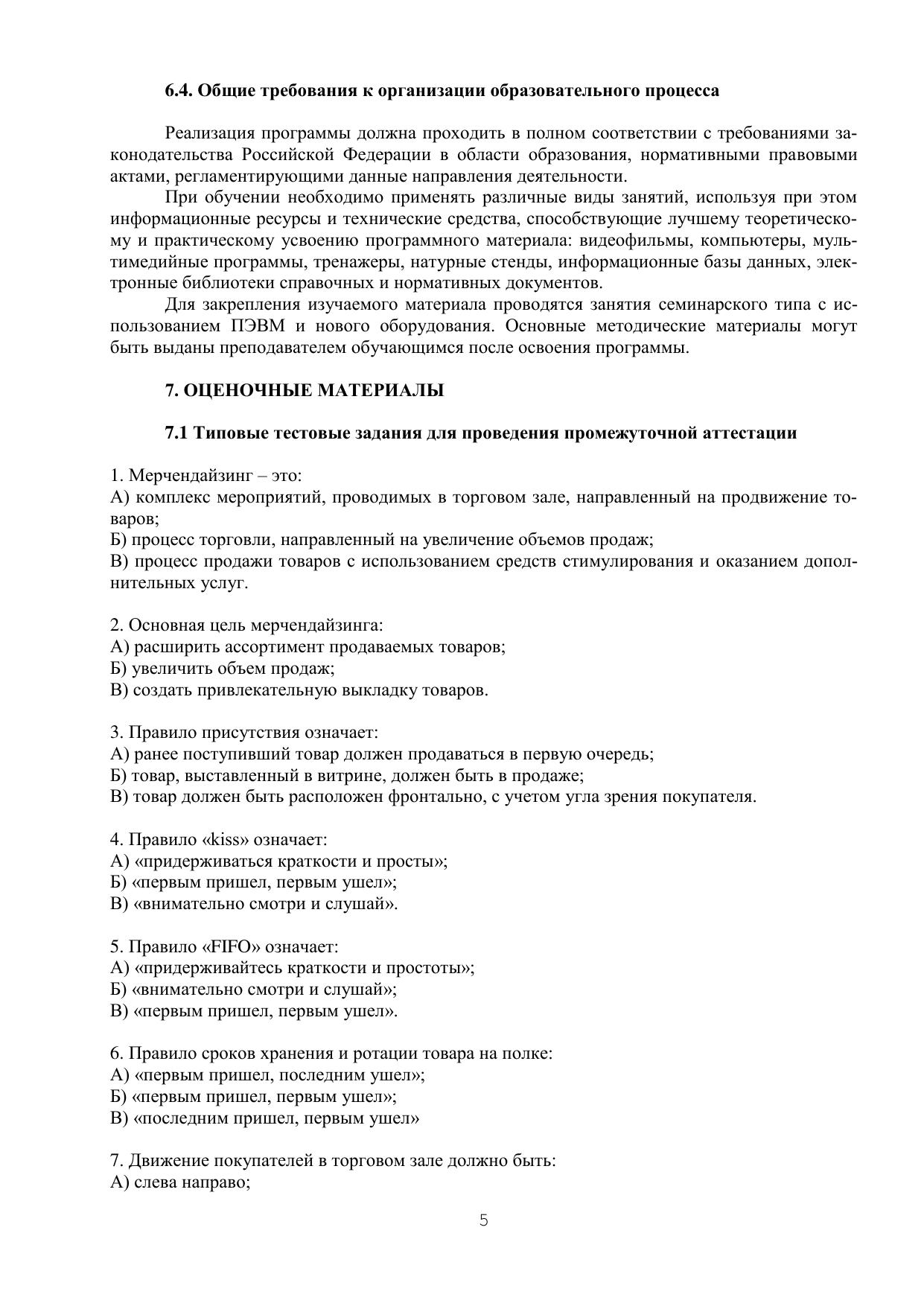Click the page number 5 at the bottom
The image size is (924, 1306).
point(484,1220)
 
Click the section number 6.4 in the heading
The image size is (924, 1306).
point(179,91)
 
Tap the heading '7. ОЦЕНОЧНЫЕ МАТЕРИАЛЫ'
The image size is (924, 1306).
point(305,390)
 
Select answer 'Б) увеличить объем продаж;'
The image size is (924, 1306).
point(223,669)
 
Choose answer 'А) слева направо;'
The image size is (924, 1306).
point(180,1182)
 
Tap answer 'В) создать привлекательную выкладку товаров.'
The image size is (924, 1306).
point(299,690)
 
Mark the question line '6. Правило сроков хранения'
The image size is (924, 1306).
point(331,1054)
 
